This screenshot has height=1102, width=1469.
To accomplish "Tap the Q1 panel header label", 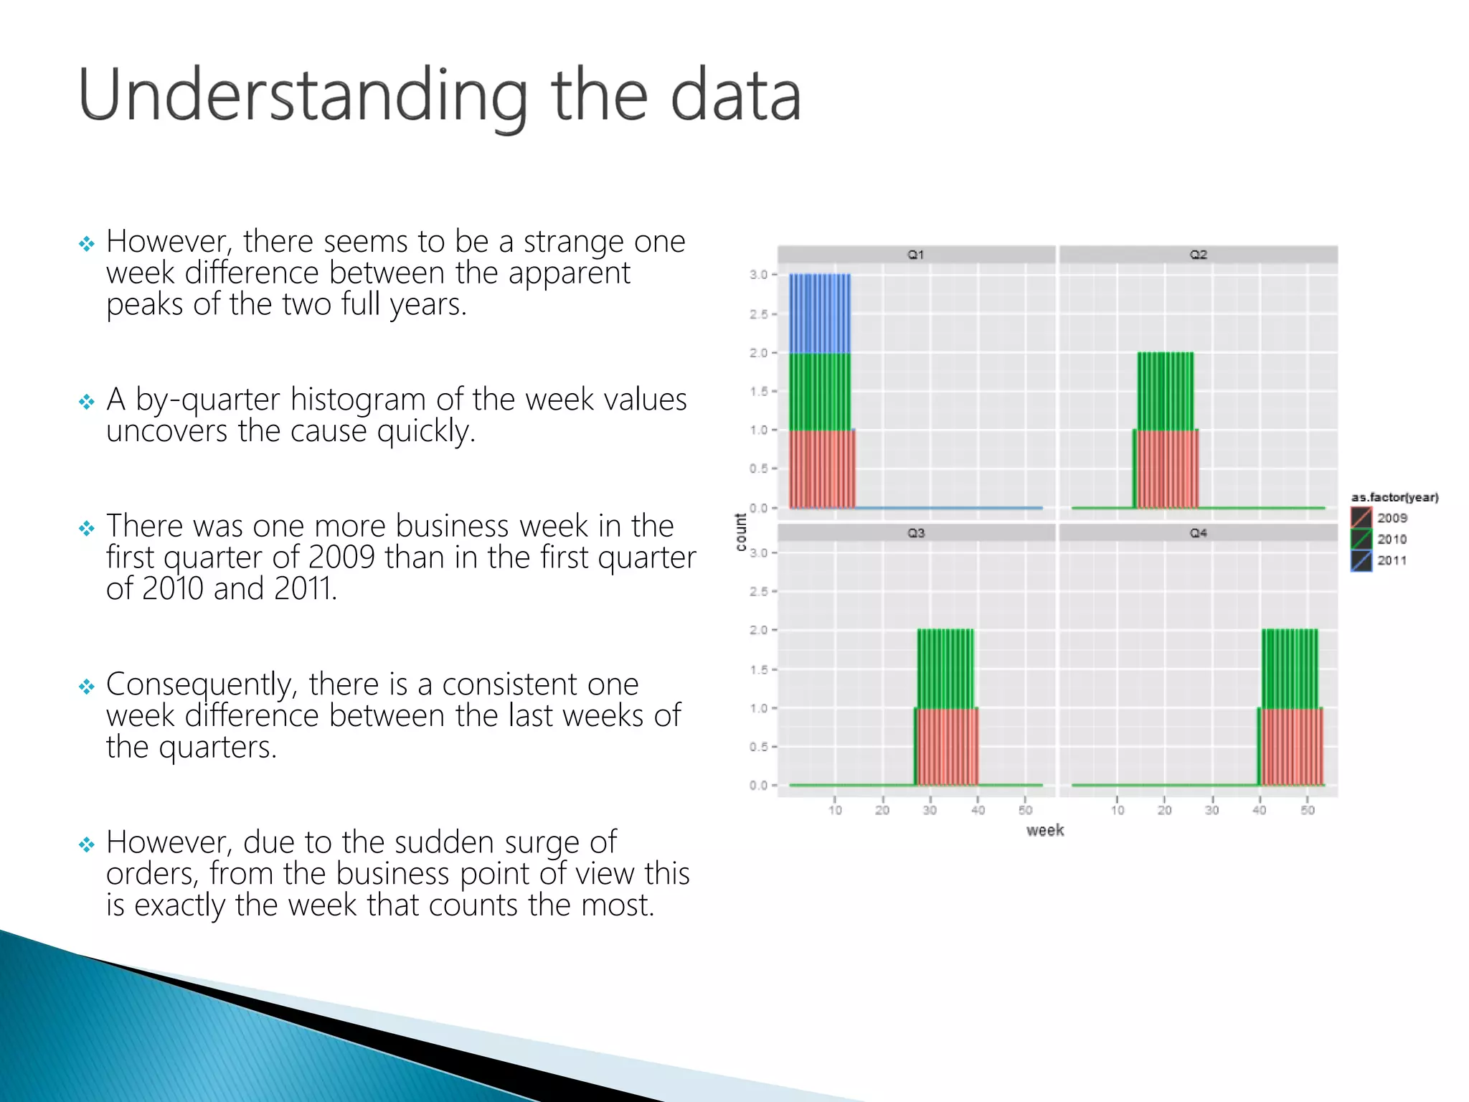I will tap(916, 255).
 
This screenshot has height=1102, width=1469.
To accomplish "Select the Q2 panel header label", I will tap(1198, 255).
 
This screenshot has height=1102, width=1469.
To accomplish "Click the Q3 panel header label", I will tap(916, 533).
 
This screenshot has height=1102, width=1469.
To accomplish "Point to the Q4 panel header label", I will tap(1198, 533).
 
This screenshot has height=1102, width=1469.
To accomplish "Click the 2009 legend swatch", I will tap(1361, 517).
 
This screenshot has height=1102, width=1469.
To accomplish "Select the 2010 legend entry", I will tap(1391, 540).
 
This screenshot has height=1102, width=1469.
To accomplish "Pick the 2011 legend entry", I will tap(1391, 561).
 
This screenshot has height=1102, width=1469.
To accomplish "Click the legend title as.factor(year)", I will tap(1394, 497).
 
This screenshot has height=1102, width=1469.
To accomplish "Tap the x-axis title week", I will tap(1044, 831).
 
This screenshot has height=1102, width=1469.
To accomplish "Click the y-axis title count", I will tap(741, 532).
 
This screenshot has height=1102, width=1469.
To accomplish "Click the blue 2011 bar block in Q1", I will tap(820, 314).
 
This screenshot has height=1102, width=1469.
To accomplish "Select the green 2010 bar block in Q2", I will tap(1166, 391).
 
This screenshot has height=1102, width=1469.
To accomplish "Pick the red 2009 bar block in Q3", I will tap(947, 747).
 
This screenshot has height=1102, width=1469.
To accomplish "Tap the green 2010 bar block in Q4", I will tap(1290, 669).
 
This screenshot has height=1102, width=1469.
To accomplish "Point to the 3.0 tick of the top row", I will tap(758, 275).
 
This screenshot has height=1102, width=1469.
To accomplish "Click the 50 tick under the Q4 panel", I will tap(1308, 810).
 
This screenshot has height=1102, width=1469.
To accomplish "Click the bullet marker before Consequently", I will tap(87, 687).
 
